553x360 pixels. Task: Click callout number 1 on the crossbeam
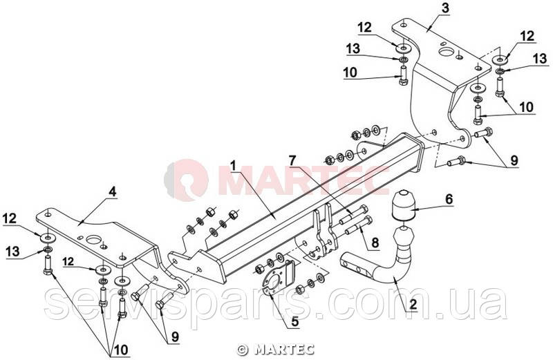point(233,165)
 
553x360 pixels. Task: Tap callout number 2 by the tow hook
point(413,304)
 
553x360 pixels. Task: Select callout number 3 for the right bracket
point(446,8)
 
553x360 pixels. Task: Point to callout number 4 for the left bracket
point(112,192)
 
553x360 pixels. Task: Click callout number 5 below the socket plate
point(295,321)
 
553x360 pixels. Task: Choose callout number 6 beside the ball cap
point(449,199)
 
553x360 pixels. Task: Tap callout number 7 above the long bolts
point(292,161)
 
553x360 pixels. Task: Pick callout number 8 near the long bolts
point(375,243)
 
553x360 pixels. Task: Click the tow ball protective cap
point(402,205)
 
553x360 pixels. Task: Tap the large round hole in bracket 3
point(446,52)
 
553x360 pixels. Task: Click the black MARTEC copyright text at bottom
point(275,350)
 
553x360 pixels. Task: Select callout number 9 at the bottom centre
point(175,337)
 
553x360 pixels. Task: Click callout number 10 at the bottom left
point(120,350)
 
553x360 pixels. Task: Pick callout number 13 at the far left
point(12,252)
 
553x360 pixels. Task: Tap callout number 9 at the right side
point(514,161)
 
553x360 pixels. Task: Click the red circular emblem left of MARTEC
point(186,180)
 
